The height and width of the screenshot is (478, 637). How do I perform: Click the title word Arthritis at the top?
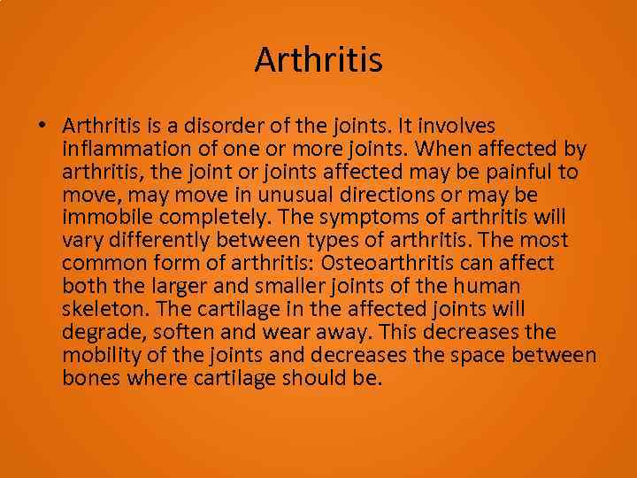click(x=318, y=60)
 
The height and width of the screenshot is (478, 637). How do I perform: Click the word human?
click(x=487, y=286)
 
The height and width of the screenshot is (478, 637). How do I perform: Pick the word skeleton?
click(x=99, y=309)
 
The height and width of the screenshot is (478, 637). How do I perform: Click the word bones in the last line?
click(x=90, y=378)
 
